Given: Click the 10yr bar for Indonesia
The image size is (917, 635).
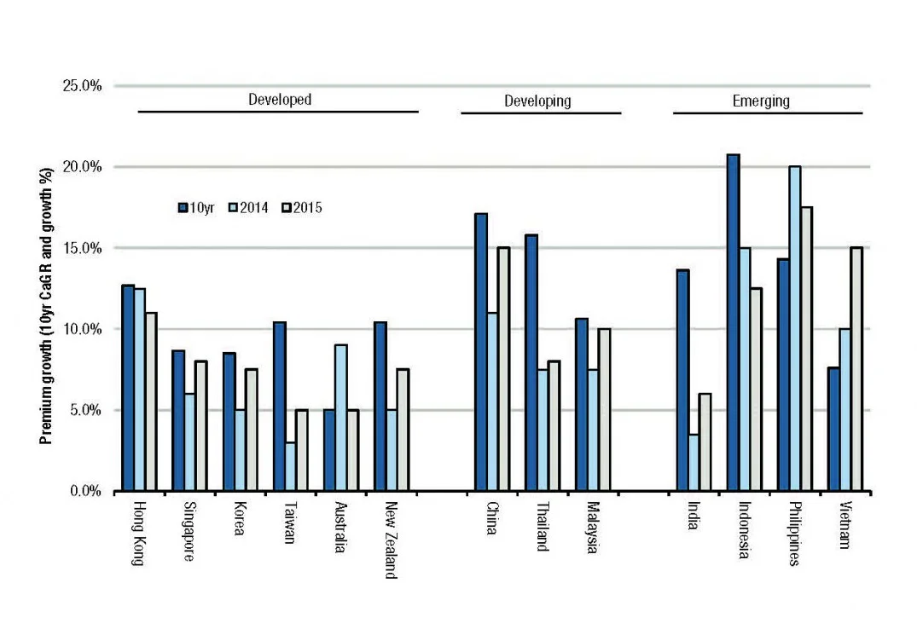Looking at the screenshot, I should coord(733,323).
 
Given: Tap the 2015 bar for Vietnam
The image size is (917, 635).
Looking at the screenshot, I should coord(856,369).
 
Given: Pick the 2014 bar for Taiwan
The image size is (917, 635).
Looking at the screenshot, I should coord(291,466).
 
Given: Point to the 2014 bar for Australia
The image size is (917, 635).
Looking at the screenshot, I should coord(340,418).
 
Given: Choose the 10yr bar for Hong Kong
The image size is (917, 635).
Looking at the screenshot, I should coord(128,388).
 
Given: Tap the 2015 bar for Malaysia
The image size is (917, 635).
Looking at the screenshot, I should coord(604,410).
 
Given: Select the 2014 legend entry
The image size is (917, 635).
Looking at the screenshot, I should coord(248,207).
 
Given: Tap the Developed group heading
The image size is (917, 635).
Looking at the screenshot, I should coord(280,100).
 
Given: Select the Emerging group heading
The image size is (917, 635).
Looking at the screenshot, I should coord(761,101).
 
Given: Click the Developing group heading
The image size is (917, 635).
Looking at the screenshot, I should coord(537,101).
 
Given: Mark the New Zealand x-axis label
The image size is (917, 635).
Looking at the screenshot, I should coord(389,546).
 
